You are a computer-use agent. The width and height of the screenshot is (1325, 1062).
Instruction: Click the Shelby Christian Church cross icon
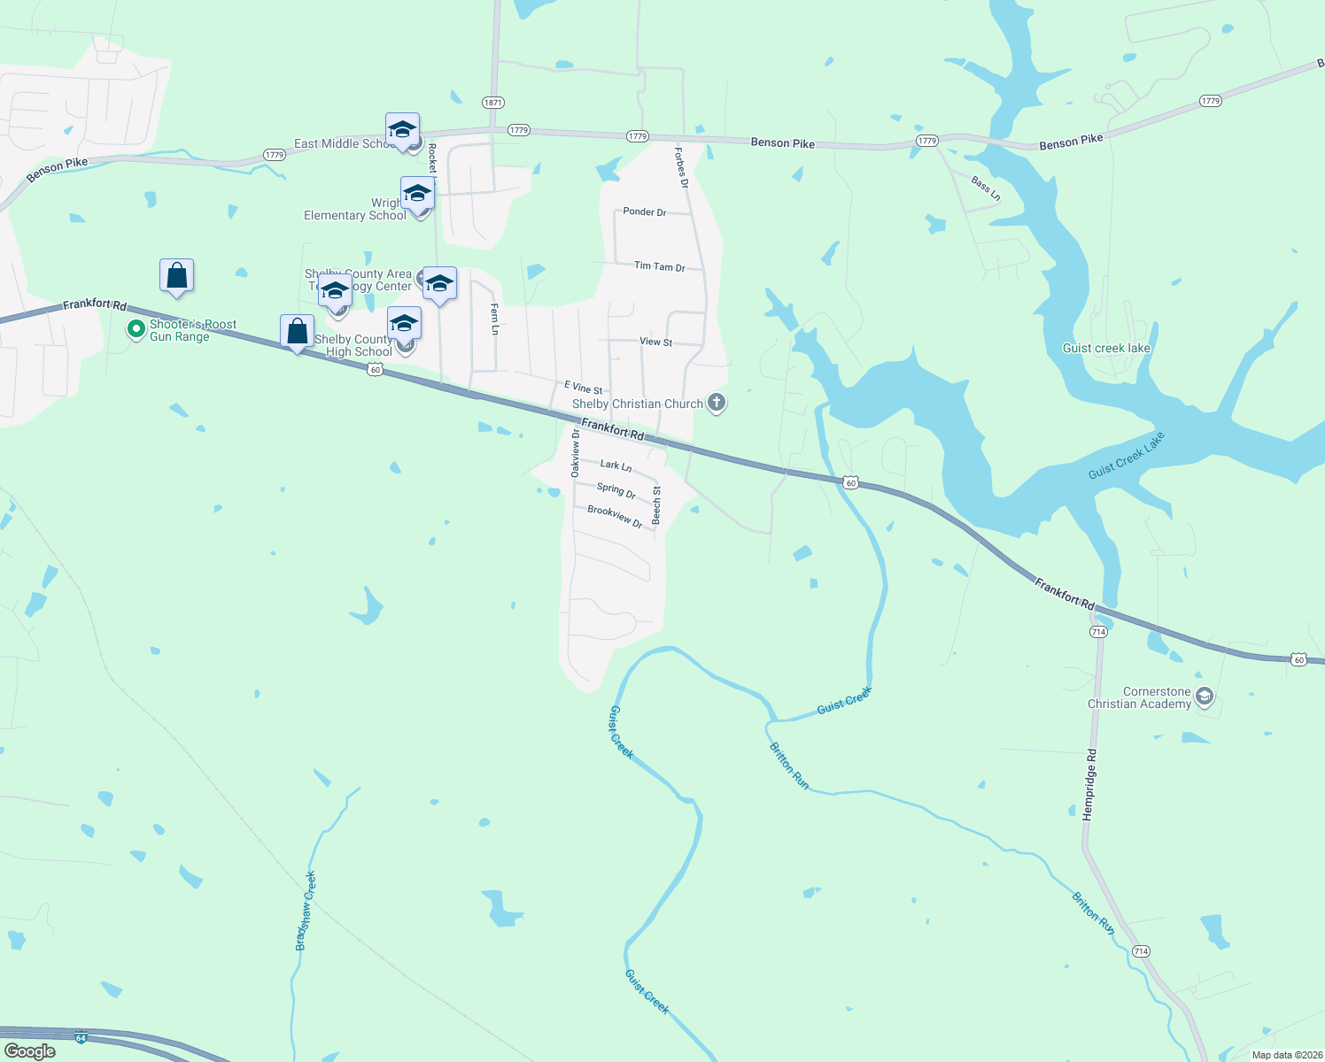tap(717, 404)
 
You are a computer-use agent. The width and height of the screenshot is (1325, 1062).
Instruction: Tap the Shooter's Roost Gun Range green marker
tap(136, 330)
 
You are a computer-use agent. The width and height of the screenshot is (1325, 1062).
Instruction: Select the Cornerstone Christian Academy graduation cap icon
tap(1204, 696)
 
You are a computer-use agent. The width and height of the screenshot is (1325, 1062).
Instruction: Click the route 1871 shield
tap(493, 103)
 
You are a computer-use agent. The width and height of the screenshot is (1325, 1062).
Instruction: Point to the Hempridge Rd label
tap(1089, 785)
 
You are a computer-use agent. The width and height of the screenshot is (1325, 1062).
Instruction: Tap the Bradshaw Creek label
tap(305, 911)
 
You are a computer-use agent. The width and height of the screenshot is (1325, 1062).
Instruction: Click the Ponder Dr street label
tap(645, 212)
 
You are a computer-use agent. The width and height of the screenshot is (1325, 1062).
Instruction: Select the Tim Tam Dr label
tap(660, 266)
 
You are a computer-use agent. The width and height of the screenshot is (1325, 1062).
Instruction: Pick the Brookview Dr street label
tap(615, 516)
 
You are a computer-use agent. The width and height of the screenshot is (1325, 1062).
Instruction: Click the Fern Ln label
tap(495, 319)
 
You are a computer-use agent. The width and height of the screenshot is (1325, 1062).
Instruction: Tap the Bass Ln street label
tap(986, 188)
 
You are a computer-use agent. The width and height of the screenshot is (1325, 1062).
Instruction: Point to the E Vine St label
tap(584, 388)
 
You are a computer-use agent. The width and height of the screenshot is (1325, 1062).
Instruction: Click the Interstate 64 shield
tap(81, 1037)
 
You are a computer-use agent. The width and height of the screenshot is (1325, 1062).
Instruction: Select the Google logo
tap(30, 1050)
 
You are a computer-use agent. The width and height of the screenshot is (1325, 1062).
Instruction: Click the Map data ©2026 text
tap(1287, 1055)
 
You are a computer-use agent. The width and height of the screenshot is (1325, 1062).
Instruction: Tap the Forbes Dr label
tap(681, 167)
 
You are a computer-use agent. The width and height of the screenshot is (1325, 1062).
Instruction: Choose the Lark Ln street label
tap(616, 465)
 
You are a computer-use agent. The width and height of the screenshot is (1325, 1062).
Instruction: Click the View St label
tap(656, 342)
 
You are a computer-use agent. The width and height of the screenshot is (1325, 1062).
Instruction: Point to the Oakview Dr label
tap(575, 453)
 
